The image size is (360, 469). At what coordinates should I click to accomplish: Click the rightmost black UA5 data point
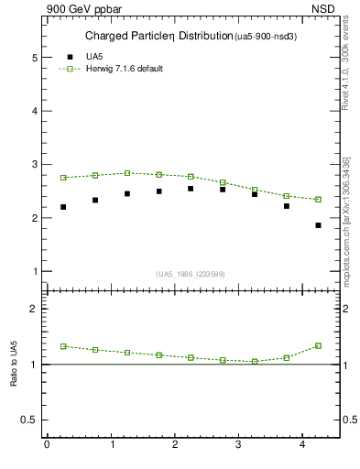(318, 225)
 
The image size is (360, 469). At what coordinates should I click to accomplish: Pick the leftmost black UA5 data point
(63, 207)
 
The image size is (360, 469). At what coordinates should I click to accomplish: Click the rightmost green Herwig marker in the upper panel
(318, 200)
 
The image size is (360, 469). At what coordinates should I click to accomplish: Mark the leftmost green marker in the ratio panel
(63, 346)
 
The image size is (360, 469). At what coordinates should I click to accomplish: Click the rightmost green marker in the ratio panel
(318, 345)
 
